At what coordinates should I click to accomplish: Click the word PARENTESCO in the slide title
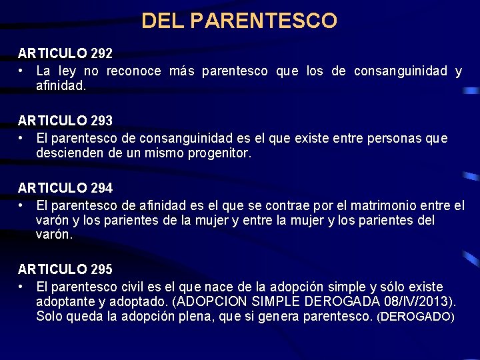point(263,21)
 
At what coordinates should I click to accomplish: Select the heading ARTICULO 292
point(65,53)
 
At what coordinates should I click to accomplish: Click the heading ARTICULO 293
point(65,121)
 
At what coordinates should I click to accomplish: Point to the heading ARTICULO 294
point(65,188)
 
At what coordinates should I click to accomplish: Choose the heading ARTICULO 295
point(65,269)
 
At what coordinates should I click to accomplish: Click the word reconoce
point(133,71)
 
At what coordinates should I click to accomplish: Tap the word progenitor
point(215,153)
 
